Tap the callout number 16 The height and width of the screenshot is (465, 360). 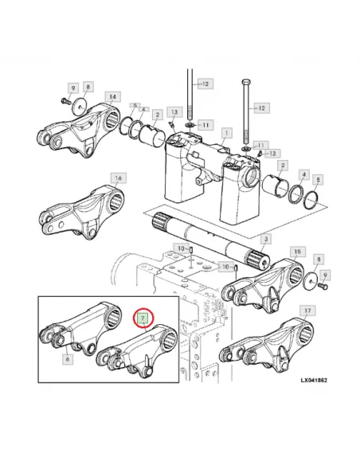tap(117, 178)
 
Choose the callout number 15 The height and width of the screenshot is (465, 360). tap(296, 252)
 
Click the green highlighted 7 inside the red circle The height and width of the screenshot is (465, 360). tap(143, 318)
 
